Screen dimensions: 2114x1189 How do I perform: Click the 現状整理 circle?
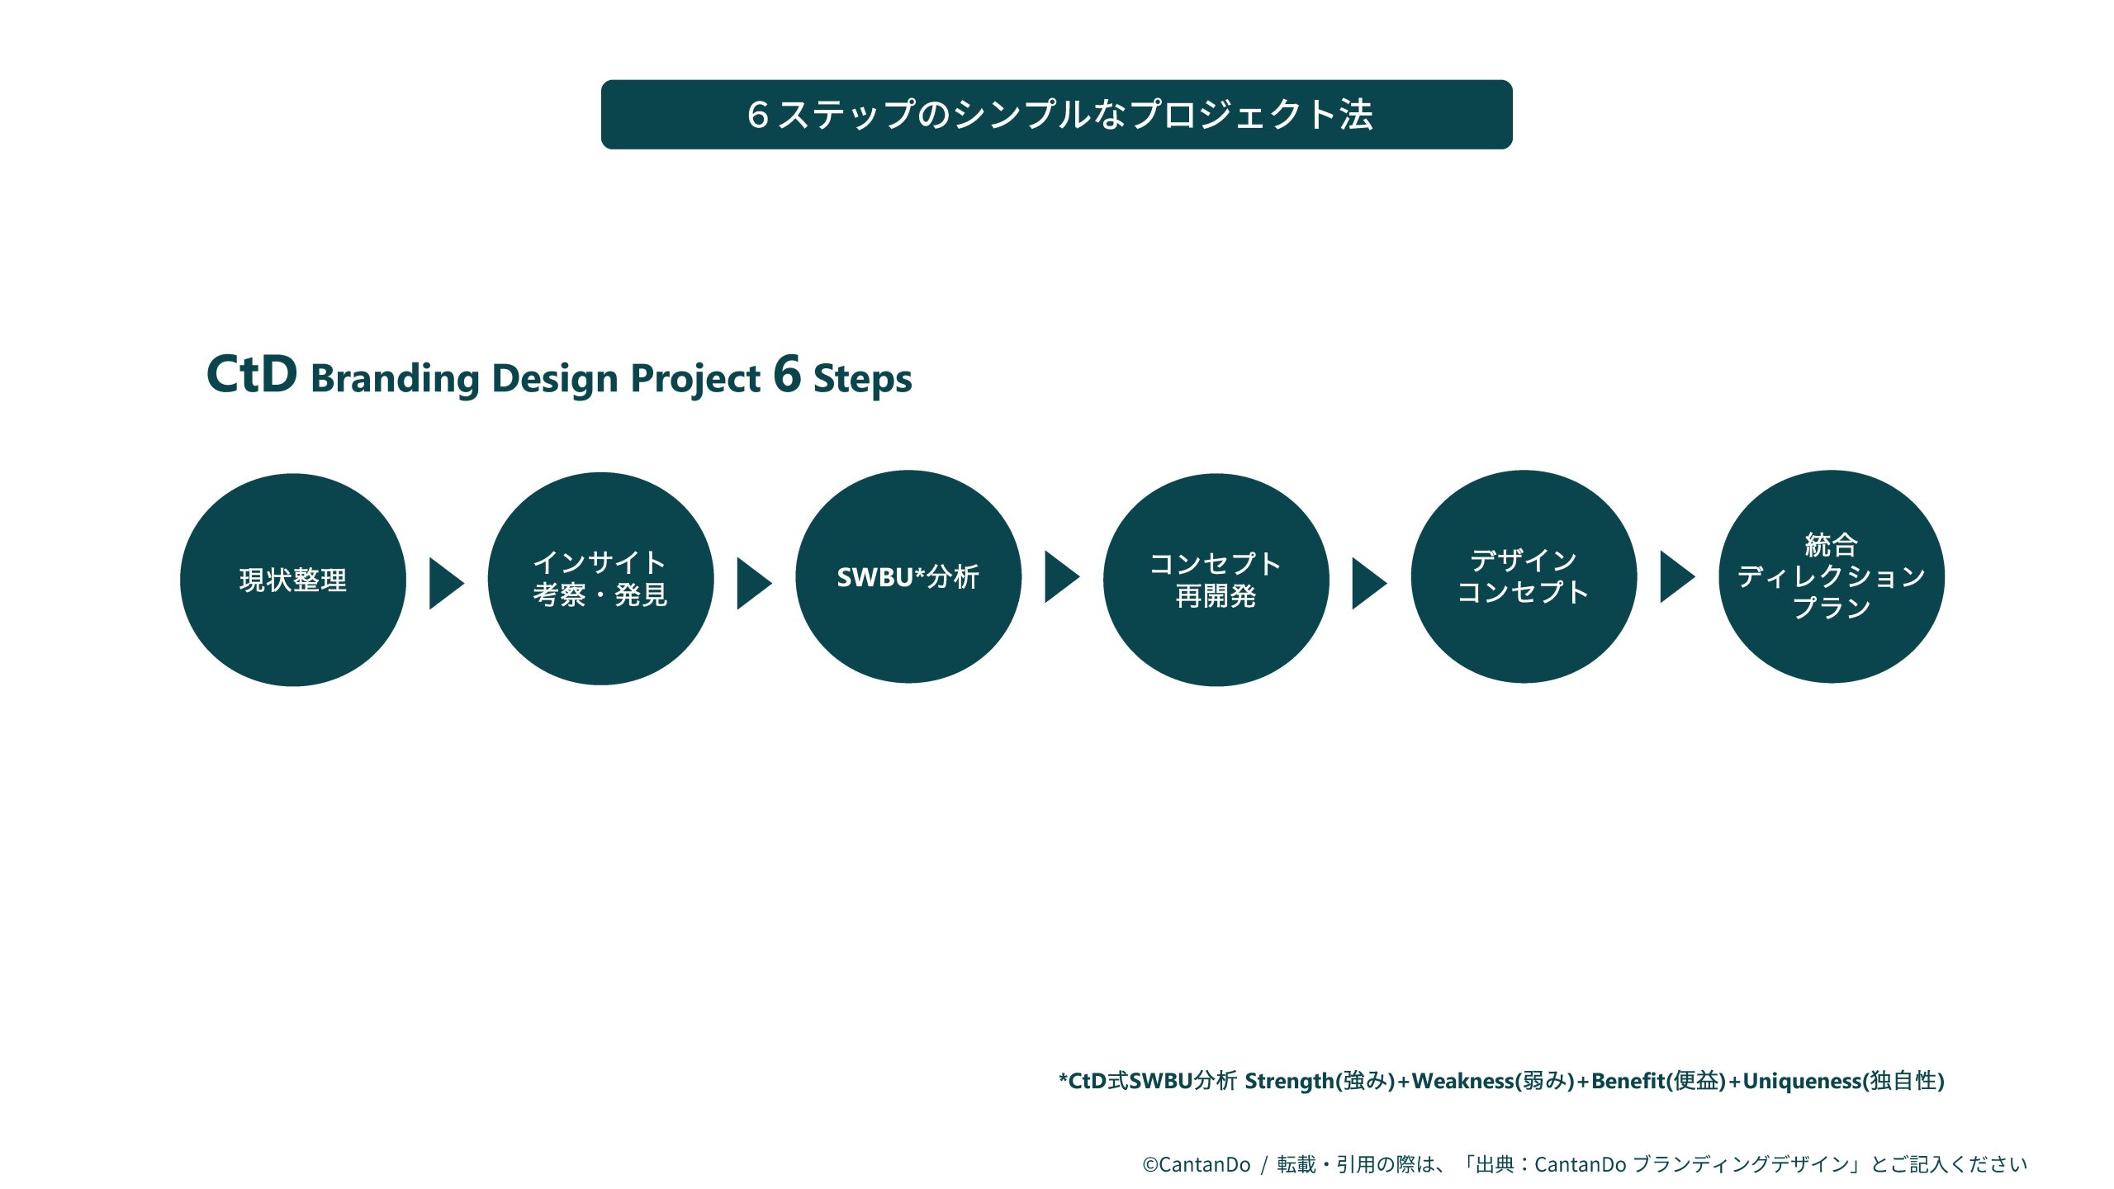(x=293, y=580)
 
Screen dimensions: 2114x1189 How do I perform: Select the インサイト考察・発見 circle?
(x=601, y=578)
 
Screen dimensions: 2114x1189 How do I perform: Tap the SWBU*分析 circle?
(x=908, y=576)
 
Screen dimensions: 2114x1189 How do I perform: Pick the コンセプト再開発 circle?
(x=1216, y=580)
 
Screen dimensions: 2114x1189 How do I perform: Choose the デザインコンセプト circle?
(x=1524, y=576)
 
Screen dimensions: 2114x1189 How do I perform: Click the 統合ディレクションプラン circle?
(x=1832, y=576)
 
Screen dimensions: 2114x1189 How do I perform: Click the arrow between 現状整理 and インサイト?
(x=447, y=584)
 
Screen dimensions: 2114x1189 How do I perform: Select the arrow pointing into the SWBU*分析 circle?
(x=755, y=584)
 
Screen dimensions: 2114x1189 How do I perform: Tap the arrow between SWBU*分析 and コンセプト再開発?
(x=1063, y=577)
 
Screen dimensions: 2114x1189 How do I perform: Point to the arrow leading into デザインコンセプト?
(x=1370, y=584)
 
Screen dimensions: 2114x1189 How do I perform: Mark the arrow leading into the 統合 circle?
(x=1678, y=577)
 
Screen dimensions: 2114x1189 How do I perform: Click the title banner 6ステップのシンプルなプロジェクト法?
(x=1057, y=115)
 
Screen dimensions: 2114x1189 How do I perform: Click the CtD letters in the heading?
(x=252, y=374)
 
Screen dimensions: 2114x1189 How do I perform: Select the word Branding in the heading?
(x=396, y=380)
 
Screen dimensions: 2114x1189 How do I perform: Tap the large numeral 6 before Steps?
(x=788, y=373)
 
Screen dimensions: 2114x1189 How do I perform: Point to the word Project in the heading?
(x=695, y=380)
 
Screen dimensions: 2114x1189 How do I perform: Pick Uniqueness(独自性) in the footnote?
(x=1844, y=1081)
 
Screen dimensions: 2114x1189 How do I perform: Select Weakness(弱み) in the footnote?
(x=1493, y=1081)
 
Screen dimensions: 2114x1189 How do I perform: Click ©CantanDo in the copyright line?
(x=1197, y=1164)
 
